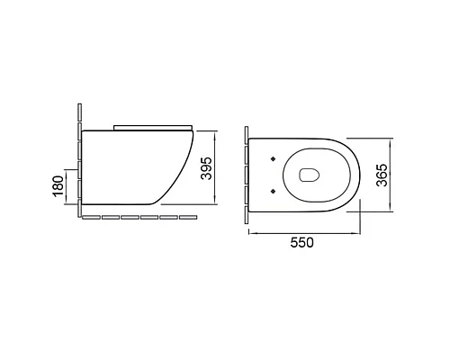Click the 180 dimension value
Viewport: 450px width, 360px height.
tap(58, 186)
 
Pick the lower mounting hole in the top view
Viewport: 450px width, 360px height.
tap(270, 190)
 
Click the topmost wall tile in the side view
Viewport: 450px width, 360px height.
tap(80, 113)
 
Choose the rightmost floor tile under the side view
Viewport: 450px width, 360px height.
tap(188, 218)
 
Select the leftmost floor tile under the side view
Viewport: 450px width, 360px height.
tap(90, 218)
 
